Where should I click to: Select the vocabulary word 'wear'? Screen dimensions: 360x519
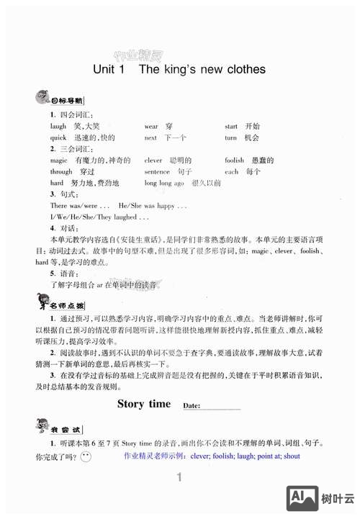151,126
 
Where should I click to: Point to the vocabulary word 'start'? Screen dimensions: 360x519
231,126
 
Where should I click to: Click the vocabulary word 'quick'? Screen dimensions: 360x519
58,137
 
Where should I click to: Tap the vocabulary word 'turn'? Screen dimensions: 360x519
230,137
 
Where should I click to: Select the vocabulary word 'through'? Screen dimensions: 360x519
61,172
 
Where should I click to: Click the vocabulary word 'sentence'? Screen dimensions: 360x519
157,172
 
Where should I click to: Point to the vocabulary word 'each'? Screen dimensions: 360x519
231,172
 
